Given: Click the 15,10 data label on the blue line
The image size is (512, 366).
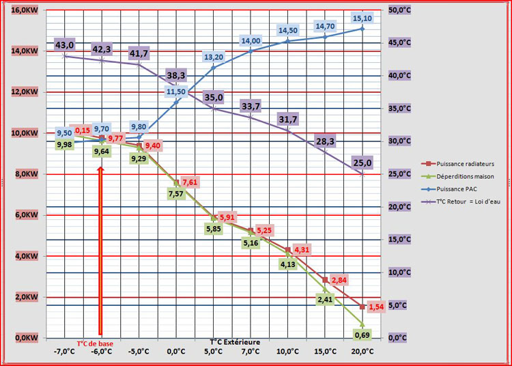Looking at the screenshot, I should tap(362, 18).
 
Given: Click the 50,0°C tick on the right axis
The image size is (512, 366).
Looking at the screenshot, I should tap(399, 10).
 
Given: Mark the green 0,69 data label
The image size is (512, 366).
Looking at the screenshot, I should tap(362, 334).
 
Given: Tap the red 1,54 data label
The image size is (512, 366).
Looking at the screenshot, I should tap(377, 307).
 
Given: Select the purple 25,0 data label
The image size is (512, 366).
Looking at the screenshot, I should tap(362, 163).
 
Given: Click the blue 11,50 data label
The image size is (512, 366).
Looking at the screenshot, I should tap(175, 91).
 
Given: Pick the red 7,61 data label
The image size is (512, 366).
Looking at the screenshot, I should tap(190, 182).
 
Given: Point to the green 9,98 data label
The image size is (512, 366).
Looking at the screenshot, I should tap(64, 144).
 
